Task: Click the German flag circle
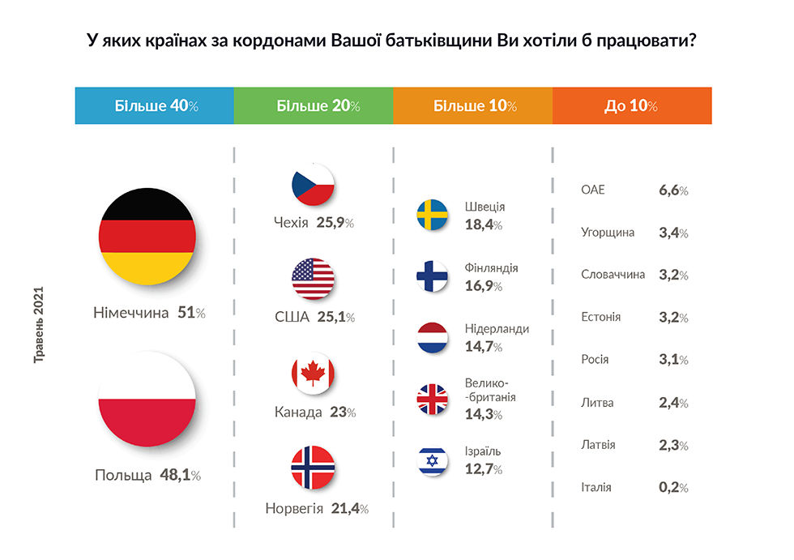[147, 237]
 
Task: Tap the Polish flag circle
[147, 399]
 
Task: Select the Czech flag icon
[313, 184]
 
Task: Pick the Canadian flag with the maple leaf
[313, 374]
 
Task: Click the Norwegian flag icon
[313, 468]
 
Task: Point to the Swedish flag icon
[432, 215]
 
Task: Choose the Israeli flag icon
[432, 460]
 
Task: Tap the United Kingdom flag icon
[432, 399]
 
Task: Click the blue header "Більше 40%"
[155, 105]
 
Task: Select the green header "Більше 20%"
[314, 105]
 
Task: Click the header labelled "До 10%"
[632, 105]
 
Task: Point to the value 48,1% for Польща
[180, 475]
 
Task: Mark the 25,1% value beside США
[335, 317]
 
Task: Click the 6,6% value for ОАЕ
[673, 190]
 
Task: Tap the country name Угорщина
[608, 233]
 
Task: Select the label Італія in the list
[596, 487]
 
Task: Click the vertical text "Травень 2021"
[39, 324]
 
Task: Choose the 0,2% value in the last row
[673, 487]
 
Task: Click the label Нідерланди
[497, 329]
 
